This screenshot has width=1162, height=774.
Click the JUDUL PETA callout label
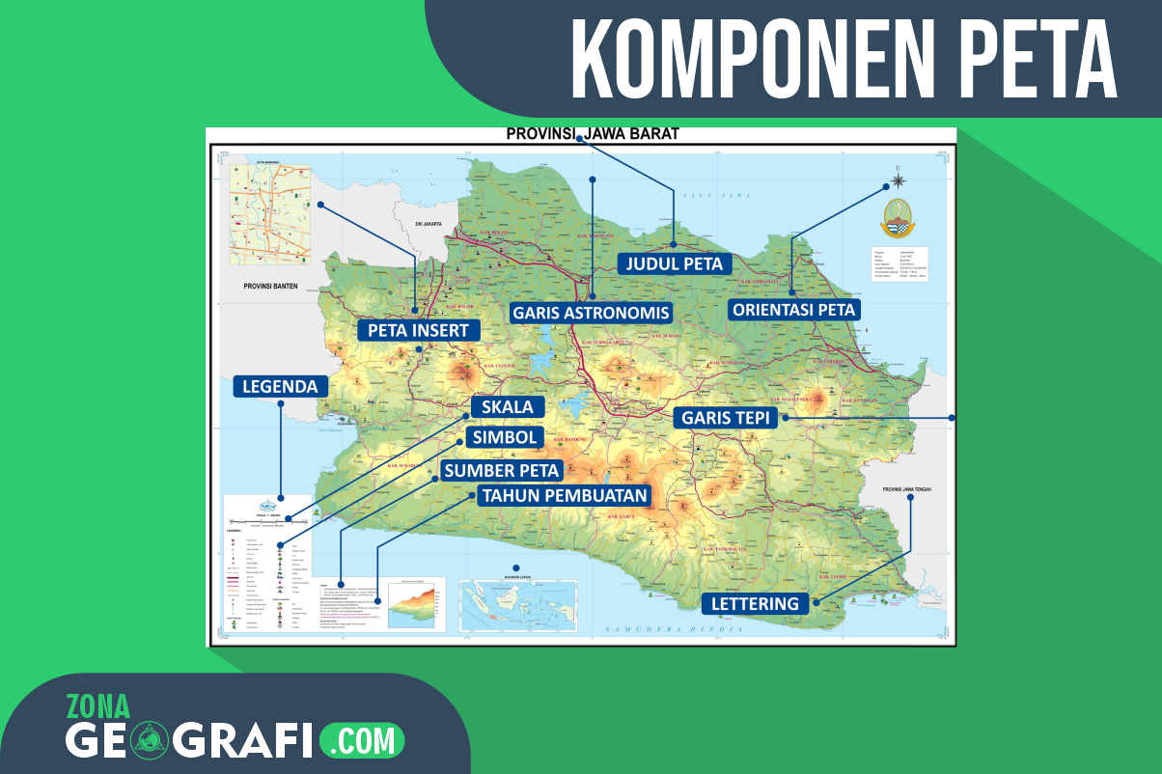coord(675,263)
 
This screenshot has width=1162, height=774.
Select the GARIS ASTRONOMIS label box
coord(591,313)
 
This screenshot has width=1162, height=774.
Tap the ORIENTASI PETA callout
coord(794,310)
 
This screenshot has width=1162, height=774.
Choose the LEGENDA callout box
coord(280,386)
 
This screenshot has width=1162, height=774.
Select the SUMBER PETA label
coord(501,470)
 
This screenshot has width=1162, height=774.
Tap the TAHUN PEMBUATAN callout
coord(565,495)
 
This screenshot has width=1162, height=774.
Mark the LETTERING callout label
coord(756,604)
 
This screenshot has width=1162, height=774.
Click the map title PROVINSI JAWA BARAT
coord(593,134)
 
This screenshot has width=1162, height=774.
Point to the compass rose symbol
coord(899,180)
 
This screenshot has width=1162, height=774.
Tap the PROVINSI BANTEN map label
coord(270,285)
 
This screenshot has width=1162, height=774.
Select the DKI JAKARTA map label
coord(428,224)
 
